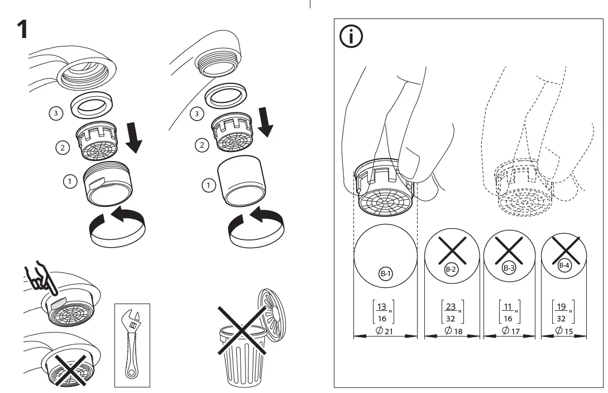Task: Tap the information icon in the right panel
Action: point(351,37)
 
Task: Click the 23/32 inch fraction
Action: point(451,312)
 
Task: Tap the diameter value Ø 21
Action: point(385,332)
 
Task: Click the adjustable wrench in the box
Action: point(132,344)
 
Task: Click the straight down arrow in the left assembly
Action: point(133,140)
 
